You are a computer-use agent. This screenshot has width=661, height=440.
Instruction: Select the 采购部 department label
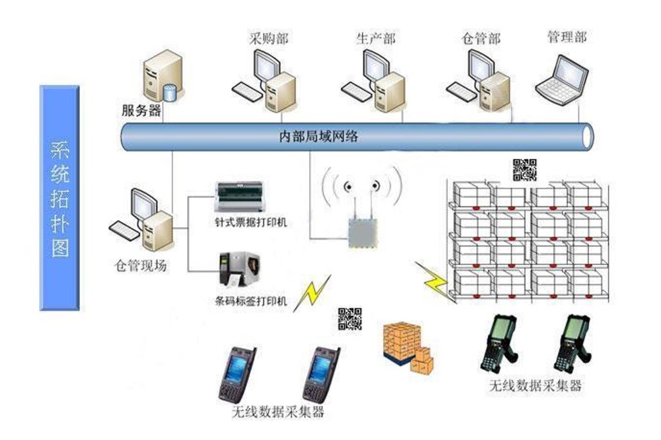pyautogui.click(x=268, y=38)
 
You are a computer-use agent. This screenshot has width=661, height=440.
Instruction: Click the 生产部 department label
pyautogui.click(x=376, y=38)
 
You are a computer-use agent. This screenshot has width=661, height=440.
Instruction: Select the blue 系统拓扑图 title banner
pyautogui.click(x=59, y=197)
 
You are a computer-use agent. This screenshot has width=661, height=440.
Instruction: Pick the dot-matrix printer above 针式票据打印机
pyautogui.click(x=240, y=196)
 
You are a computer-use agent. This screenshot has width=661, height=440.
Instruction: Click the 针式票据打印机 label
pyautogui.click(x=251, y=223)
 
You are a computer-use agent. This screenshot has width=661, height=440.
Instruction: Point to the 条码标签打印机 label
pyautogui.click(x=251, y=300)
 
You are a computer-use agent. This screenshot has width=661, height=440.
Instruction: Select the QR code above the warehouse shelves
pyautogui.click(x=524, y=170)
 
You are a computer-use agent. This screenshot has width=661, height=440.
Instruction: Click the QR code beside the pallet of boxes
pyautogui.click(x=350, y=319)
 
